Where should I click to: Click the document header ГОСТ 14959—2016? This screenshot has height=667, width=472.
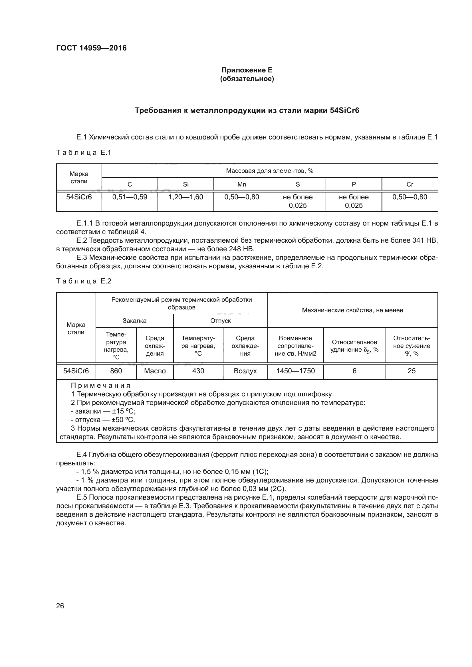(x=91, y=48)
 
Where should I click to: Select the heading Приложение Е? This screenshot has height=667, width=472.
(x=247, y=70)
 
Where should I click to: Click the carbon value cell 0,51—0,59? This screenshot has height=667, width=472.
(x=130, y=197)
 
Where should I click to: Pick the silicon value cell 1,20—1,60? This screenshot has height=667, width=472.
(x=186, y=197)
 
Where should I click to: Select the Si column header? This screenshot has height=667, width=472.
(x=186, y=184)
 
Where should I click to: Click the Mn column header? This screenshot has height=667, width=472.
(x=241, y=184)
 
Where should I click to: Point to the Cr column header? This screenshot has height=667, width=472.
(x=410, y=184)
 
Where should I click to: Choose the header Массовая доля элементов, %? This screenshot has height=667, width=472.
(x=269, y=171)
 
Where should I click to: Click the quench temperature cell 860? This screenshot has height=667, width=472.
(x=116, y=371)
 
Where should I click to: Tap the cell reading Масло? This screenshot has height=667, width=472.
(x=155, y=371)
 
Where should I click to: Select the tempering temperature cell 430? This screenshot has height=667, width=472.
(x=198, y=371)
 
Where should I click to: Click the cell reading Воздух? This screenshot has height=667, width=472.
(x=245, y=371)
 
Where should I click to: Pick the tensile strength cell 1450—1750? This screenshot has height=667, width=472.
(x=295, y=371)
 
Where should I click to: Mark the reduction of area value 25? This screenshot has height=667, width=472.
(x=412, y=371)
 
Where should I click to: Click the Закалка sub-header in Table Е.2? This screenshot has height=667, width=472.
(x=135, y=321)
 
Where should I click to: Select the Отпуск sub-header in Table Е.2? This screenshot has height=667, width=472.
(x=220, y=321)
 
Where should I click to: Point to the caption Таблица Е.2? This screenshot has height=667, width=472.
(x=84, y=281)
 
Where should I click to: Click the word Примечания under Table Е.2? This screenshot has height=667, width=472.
(x=100, y=386)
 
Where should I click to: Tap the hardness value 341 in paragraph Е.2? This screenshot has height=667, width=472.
(x=418, y=241)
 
